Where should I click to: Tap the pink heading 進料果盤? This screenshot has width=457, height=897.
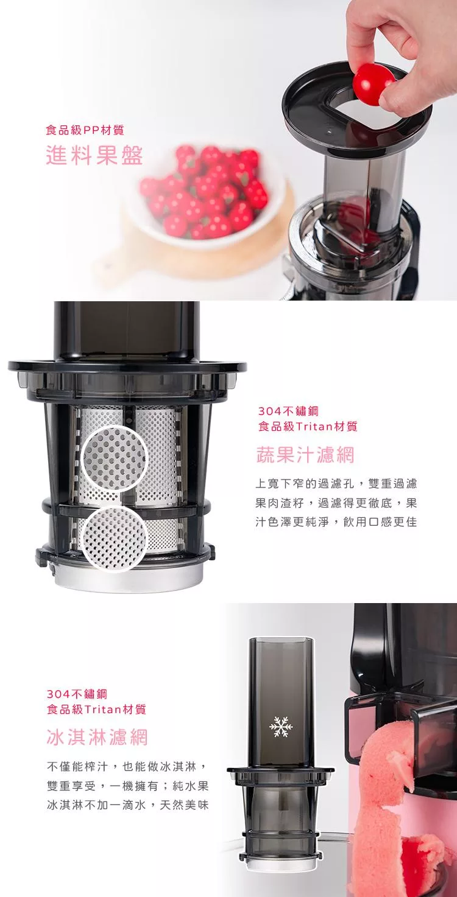pyautogui.click(x=94, y=155)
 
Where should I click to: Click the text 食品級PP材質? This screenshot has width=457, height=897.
pyautogui.click(x=85, y=130)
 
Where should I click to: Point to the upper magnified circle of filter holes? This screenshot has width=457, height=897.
pyautogui.click(x=115, y=459)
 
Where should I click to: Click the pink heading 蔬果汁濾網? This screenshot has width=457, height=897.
pyautogui.click(x=305, y=455)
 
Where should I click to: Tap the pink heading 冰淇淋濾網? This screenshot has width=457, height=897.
pyautogui.click(x=97, y=737)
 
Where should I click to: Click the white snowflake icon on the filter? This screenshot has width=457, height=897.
pyautogui.click(x=281, y=727)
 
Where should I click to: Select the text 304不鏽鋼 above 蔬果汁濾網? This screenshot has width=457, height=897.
pyautogui.click(x=288, y=411)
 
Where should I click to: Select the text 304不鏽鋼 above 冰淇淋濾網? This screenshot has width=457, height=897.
pyautogui.click(x=77, y=694)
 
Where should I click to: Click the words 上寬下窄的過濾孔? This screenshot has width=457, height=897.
pyautogui.click(x=305, y=483)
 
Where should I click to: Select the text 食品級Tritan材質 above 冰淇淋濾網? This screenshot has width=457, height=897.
pyautogui.click(x=97, y=709)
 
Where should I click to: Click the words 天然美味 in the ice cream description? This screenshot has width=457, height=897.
pyautogui.click(x=185, y=805)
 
